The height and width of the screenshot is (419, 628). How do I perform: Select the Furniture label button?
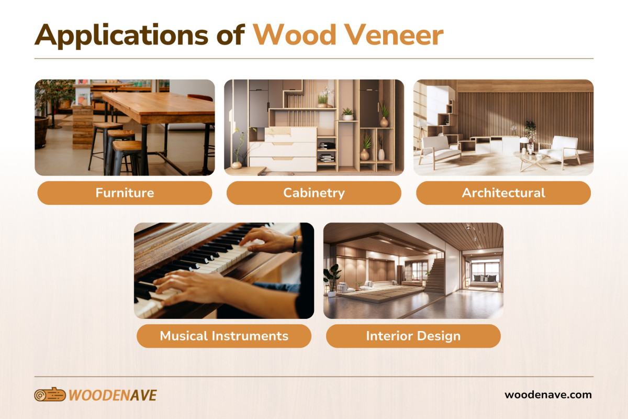pyautogui.click(x=125, y=193)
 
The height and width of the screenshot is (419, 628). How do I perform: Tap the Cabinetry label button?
pyautogui.click(x=314, y=193)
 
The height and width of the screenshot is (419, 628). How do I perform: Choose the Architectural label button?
pyautogui.click(x=503, y=193)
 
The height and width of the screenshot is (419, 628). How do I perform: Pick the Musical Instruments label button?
pyautogui.click(x=224, y=336)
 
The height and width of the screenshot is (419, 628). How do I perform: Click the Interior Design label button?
pyautogui.click(x=413, y=336)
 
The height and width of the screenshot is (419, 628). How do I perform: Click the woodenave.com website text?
pyautogui.click(x=548, y=395)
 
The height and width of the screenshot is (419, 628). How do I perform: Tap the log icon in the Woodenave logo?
pyautogui.click(x=50, y=395)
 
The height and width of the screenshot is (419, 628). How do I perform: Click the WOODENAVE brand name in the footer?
pyautogui.click(x=113, y=395)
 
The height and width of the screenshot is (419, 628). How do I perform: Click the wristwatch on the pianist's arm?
pyautogui.click(x=296, y=243)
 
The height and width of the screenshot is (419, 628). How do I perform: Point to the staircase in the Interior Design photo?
pyautogui.click(x=435, y=275)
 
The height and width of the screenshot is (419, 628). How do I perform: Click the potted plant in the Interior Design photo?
pyautogui.click(x=332, y=278)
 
